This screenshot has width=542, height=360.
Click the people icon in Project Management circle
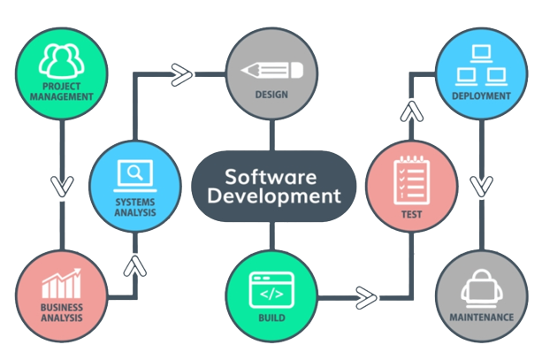click(x=60, y=59)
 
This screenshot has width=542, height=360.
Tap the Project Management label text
click(x=60, y=91)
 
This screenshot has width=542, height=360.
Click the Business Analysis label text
click(x=61, y=313)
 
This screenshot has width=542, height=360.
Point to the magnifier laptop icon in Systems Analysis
click(x=134, y=173)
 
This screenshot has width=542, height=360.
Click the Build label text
click(x=271, y=316)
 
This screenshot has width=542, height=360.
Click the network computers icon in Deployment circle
click(x=481, y=62)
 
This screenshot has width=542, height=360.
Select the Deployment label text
click(x=481, y=96)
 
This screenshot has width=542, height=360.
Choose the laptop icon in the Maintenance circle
click(x=481, y=287)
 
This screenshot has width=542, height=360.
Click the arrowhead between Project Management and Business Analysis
click(x=61, y=187)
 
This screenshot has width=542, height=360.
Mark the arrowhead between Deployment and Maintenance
click(x=481, y=187)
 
